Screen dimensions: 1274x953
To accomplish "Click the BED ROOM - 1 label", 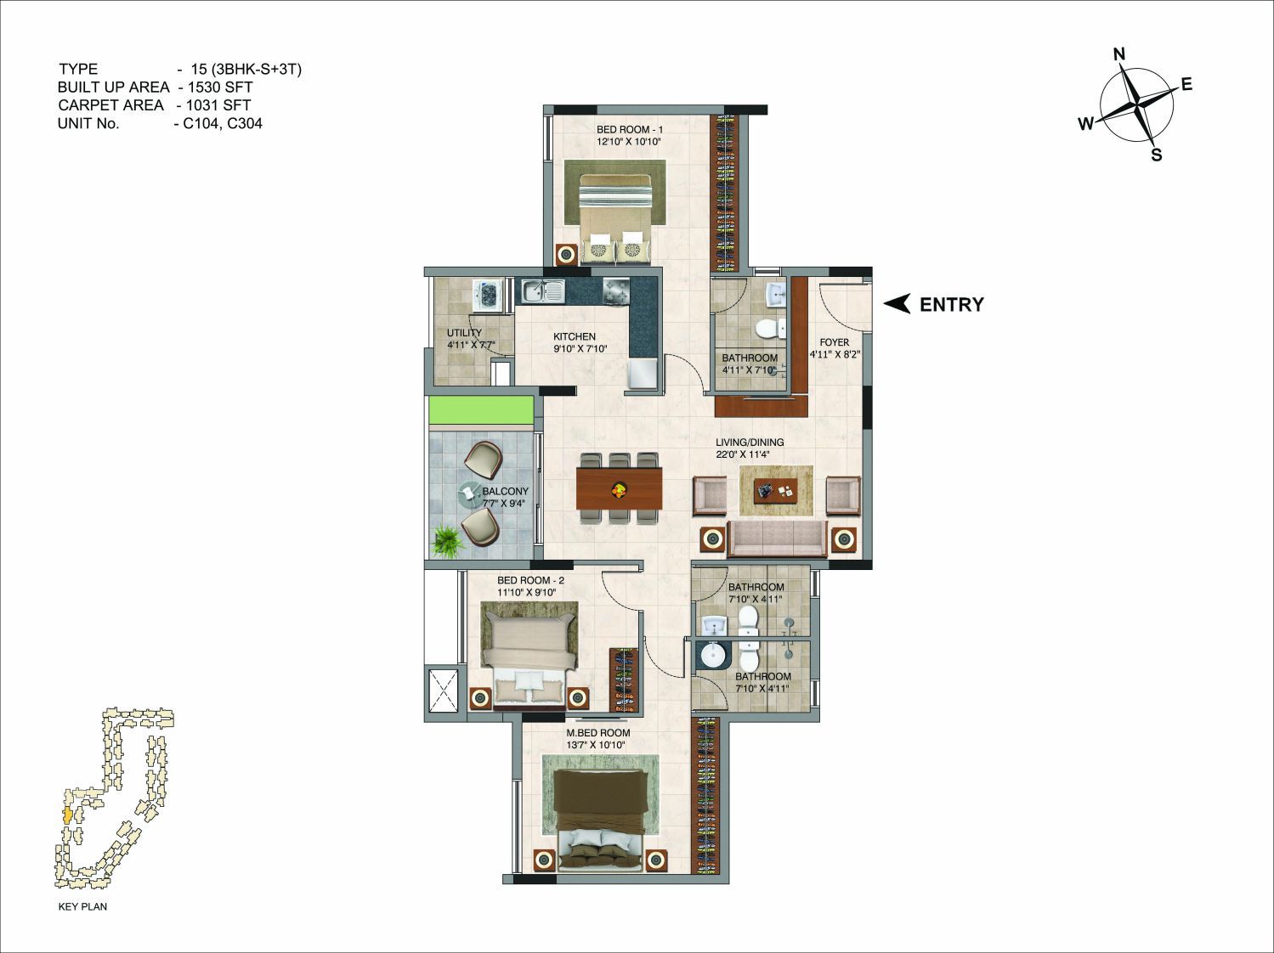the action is [630, 129].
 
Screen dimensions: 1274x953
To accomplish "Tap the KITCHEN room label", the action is [574, 336].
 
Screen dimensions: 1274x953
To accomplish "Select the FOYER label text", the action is [834, 342].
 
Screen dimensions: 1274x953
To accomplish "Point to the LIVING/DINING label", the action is [750, 442].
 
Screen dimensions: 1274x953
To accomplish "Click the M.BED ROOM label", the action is [597, 732].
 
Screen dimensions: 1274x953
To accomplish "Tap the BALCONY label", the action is [505, 491].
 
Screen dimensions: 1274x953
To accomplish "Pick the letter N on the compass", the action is [1119, 54].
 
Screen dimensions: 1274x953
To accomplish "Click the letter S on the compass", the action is [1156, 155].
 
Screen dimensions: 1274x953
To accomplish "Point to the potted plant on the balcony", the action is [448, 540].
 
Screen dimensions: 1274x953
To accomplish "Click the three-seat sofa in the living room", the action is [777, 539].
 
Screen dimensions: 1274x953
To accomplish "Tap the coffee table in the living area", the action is [775, 491].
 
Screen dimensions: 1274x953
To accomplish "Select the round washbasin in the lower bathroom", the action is [713, 656].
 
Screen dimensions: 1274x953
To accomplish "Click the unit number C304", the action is [245, 123].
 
